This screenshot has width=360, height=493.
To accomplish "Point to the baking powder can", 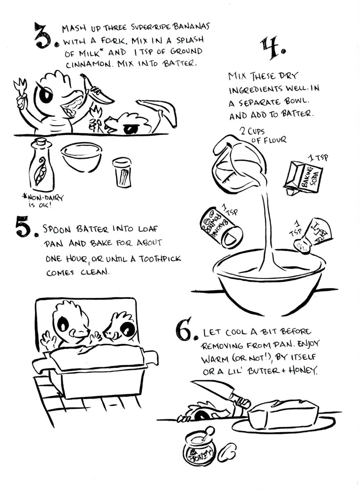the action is pyautogui.click(x=221, y=228).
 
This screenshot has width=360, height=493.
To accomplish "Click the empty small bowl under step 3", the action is pyautogui.click(x=81, y=157).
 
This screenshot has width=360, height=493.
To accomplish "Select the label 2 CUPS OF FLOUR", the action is pyautogui.click(x=263, y=136).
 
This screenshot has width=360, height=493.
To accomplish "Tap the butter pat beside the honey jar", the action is pyautogui.click(x=227, y=452).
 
